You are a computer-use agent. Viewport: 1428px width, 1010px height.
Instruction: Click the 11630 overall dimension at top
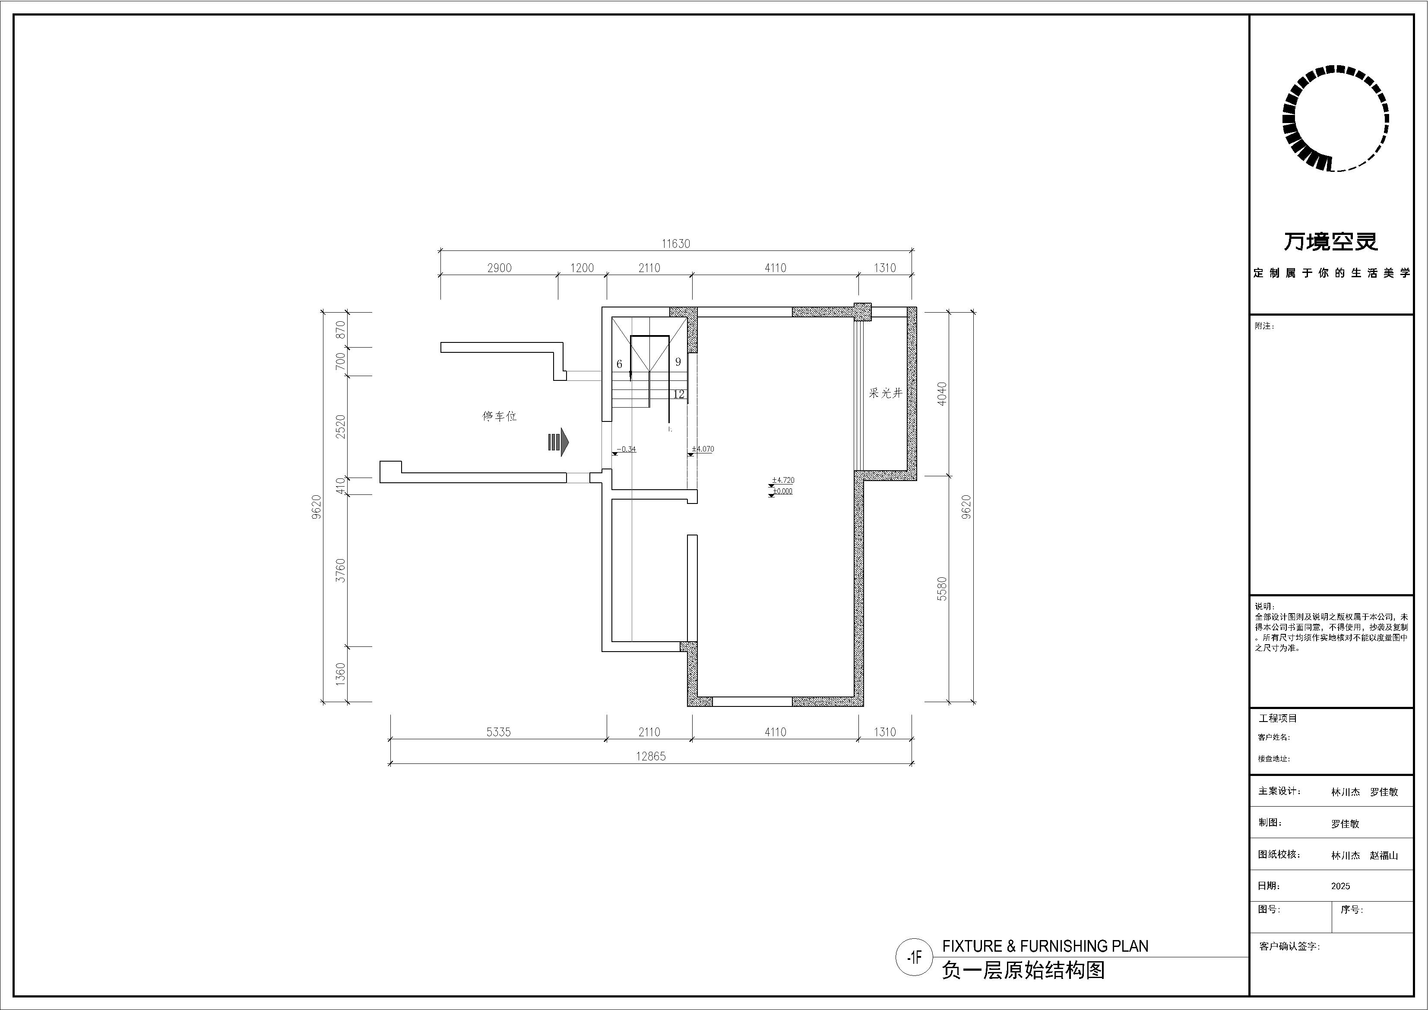point(676,244)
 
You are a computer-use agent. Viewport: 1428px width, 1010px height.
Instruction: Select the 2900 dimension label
point(500,268)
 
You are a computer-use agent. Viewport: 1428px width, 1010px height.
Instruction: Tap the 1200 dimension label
point(582,268)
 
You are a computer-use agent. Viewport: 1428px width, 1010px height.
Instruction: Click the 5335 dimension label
point(499,732)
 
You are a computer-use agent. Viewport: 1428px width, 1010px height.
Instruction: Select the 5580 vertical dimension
point(942,589)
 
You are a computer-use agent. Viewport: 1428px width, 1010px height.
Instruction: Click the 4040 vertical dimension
point(942,394)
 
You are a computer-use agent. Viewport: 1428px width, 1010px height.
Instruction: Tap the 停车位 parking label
point(500,416)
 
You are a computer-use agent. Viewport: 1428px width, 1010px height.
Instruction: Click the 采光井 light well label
point(886,393)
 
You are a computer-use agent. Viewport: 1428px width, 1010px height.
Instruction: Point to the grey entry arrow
point(558,442)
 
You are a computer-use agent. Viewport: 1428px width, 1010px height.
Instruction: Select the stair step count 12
point(678,394)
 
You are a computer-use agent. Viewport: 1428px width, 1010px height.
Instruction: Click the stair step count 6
point(620,364)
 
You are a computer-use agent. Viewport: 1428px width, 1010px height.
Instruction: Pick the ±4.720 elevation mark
point(783,480)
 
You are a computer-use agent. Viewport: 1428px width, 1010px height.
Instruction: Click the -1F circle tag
point(914,958)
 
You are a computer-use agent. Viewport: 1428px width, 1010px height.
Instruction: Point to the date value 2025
point(1340,886)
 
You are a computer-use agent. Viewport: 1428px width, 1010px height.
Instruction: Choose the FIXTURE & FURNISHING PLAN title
point(1045,946)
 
